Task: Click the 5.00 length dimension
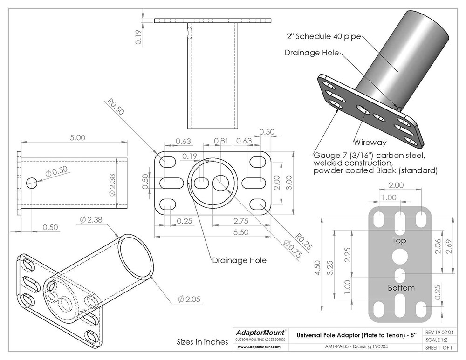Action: pyautogui.click(x=77, y=137)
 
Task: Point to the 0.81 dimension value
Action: pyautogui.click(x=220, y=141)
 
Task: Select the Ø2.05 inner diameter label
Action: pyautogui.click(x=190, y=299)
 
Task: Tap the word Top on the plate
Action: pyautogui.click(x=399, y=241)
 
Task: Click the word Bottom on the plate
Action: pyautogui.click(x=401, y=288)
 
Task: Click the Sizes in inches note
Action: pyautogui.click(x=202, y=342)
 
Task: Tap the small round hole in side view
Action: pyautogui.click(x=32, y=183)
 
